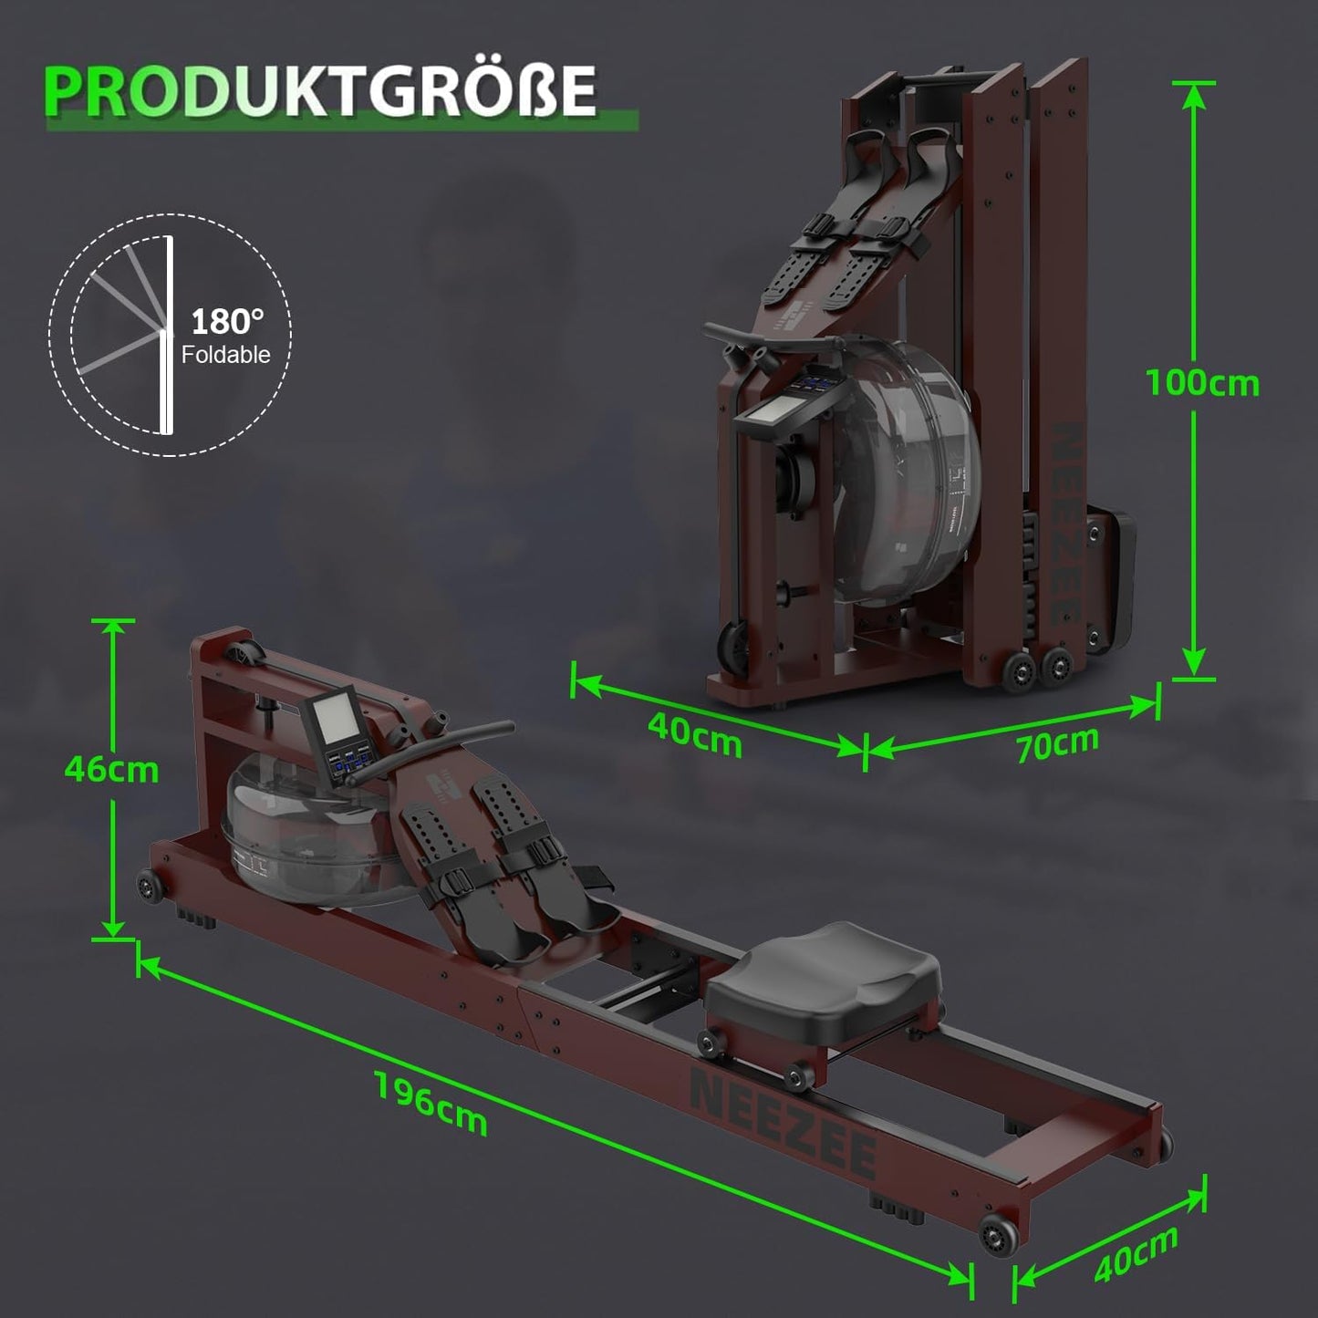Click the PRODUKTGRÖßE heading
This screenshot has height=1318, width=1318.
coord(321,90)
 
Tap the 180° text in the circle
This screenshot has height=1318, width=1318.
coord(227,321)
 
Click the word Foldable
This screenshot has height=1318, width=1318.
coord(225,354)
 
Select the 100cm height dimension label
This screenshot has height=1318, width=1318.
coord(1202,383)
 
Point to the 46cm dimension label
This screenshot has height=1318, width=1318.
coord(111,770)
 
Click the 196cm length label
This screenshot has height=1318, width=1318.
coord(431,1103)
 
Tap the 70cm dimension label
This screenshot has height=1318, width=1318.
coord(1057,743)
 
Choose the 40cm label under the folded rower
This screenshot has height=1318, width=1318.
coord(695,734)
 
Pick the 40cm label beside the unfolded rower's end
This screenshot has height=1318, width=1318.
coord(1136,1254)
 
